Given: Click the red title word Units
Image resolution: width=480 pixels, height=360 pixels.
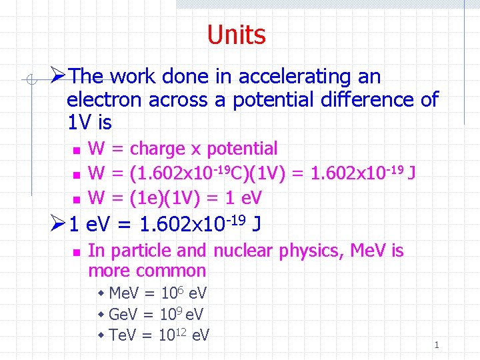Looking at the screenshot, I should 236,35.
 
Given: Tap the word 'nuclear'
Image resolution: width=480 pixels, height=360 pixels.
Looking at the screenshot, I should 243,251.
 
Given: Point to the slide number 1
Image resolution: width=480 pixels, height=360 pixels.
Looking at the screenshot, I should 437,345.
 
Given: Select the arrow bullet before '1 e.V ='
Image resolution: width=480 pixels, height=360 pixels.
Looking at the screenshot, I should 59,223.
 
